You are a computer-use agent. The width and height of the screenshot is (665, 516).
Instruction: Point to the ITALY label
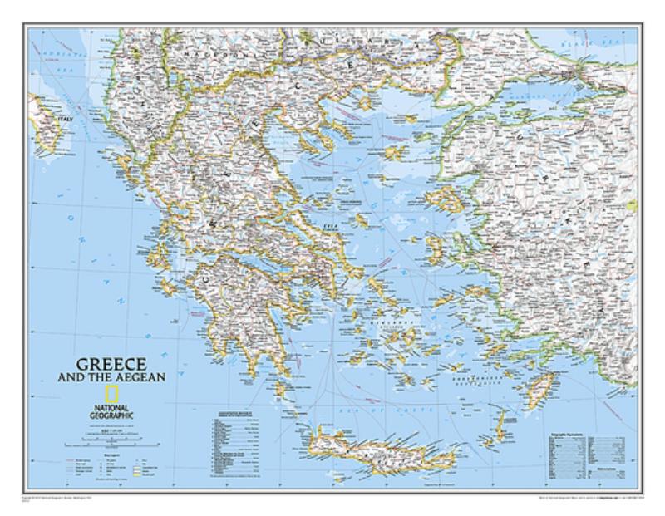(65, 120)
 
